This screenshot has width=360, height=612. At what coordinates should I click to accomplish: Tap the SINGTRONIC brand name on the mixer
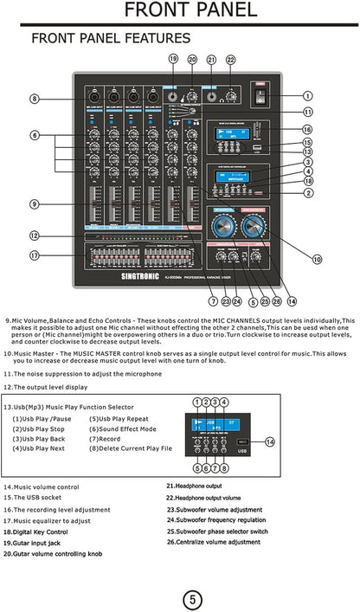(108, 280)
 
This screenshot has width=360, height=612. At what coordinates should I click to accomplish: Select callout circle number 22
(230, 60)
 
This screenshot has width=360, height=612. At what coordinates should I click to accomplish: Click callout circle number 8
(34, 99)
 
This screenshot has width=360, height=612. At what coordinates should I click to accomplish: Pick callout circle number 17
(34, 255)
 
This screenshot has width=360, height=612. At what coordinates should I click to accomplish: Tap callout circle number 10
(317, 259)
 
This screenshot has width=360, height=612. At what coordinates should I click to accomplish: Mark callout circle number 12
(34, 235)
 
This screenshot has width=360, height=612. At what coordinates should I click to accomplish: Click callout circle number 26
(277, 301)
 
